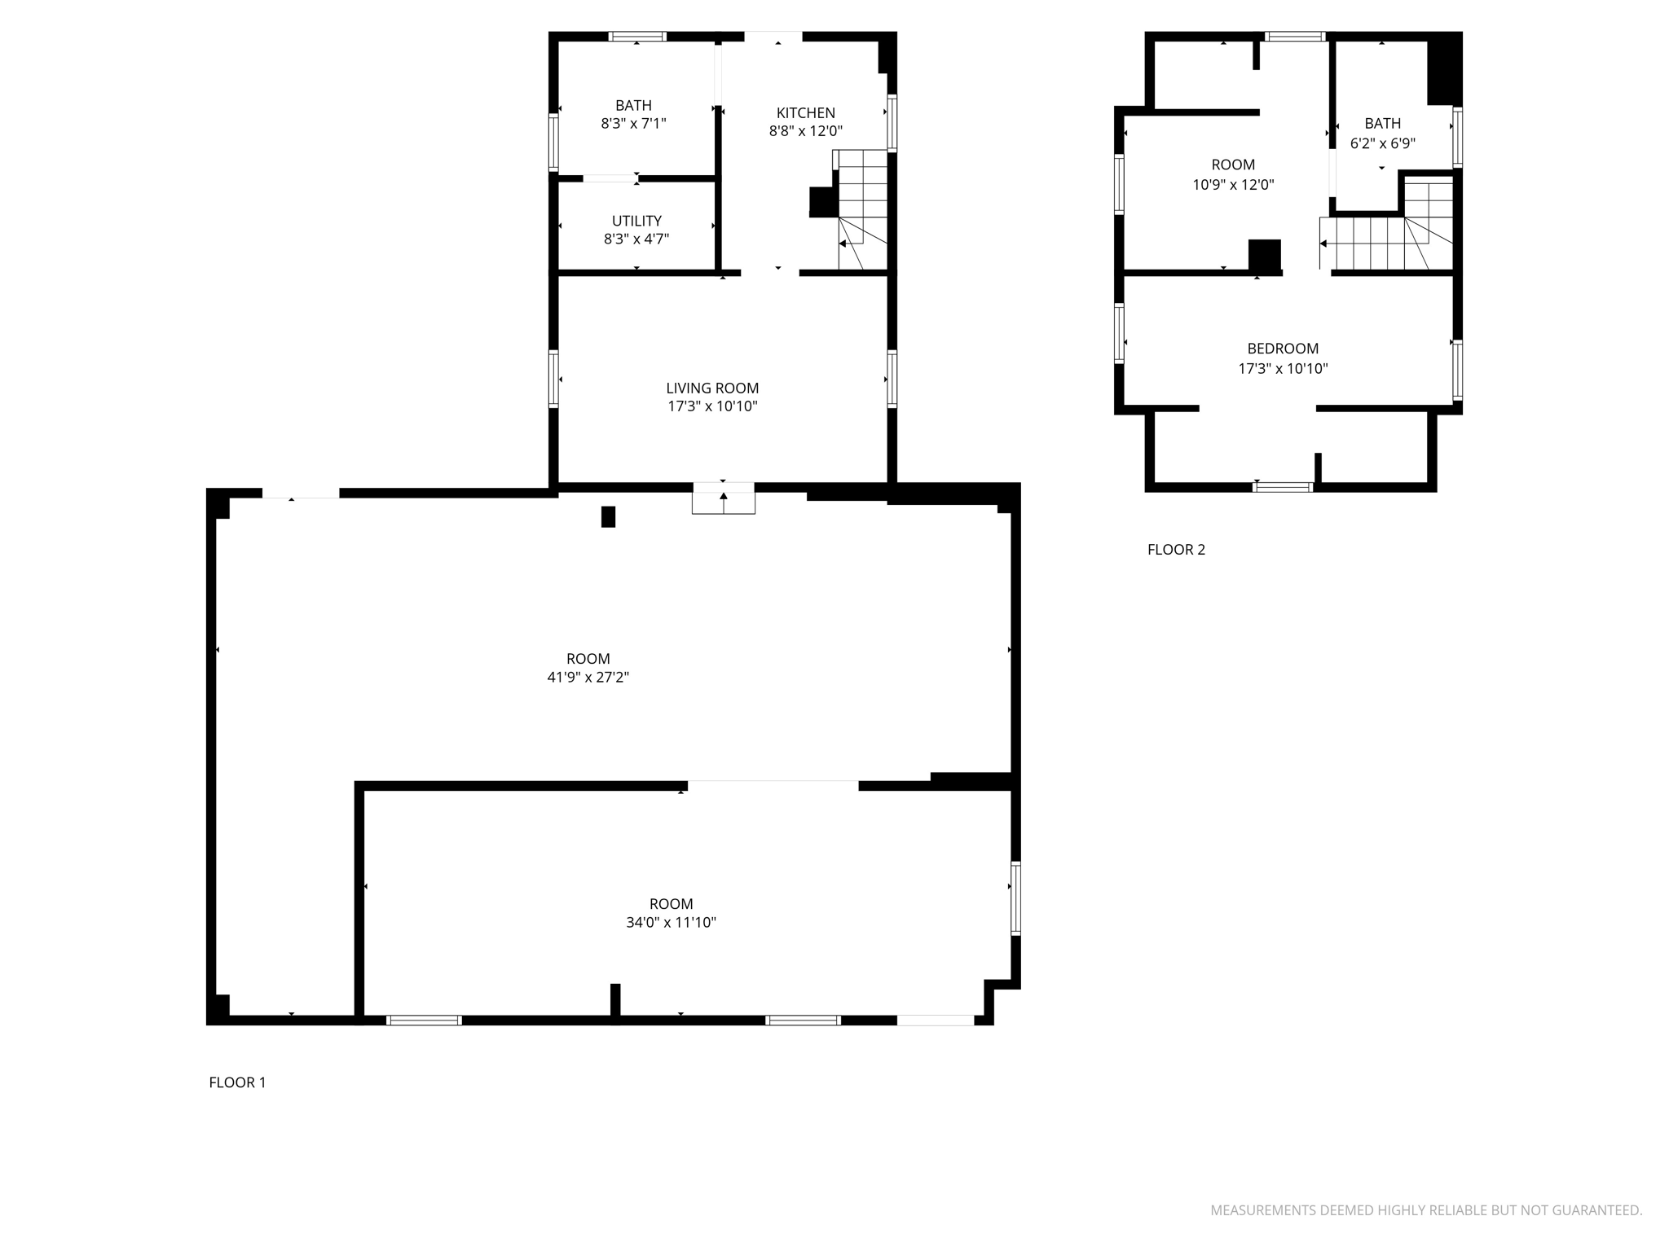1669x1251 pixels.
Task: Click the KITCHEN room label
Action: coord(805,113)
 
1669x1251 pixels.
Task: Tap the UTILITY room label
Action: coord(636,221)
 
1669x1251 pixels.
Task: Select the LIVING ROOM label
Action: coord(712,388)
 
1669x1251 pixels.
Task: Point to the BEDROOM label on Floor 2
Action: coord(1283,349)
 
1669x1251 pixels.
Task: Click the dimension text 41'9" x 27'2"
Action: coord(588,678)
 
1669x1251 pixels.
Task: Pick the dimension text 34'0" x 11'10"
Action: coord(671,923)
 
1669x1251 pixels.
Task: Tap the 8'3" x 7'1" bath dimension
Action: coord(633,124)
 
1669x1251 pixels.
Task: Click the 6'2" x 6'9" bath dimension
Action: coord(1382,143)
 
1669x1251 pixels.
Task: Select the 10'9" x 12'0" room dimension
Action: coord(1233,185)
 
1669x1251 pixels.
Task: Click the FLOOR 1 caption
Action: coord(237,1082)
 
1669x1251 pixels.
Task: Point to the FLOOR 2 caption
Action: coord(1176,550)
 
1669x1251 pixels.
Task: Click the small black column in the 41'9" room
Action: coord(608,517)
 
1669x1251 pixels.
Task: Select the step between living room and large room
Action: coord(724,498)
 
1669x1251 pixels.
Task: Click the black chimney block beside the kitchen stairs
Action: coord(823,202)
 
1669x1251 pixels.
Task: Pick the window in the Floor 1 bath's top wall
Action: coord(637,37)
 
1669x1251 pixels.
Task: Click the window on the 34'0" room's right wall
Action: coord(1015,898)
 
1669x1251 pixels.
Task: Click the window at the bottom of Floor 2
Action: coord(1282,487)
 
